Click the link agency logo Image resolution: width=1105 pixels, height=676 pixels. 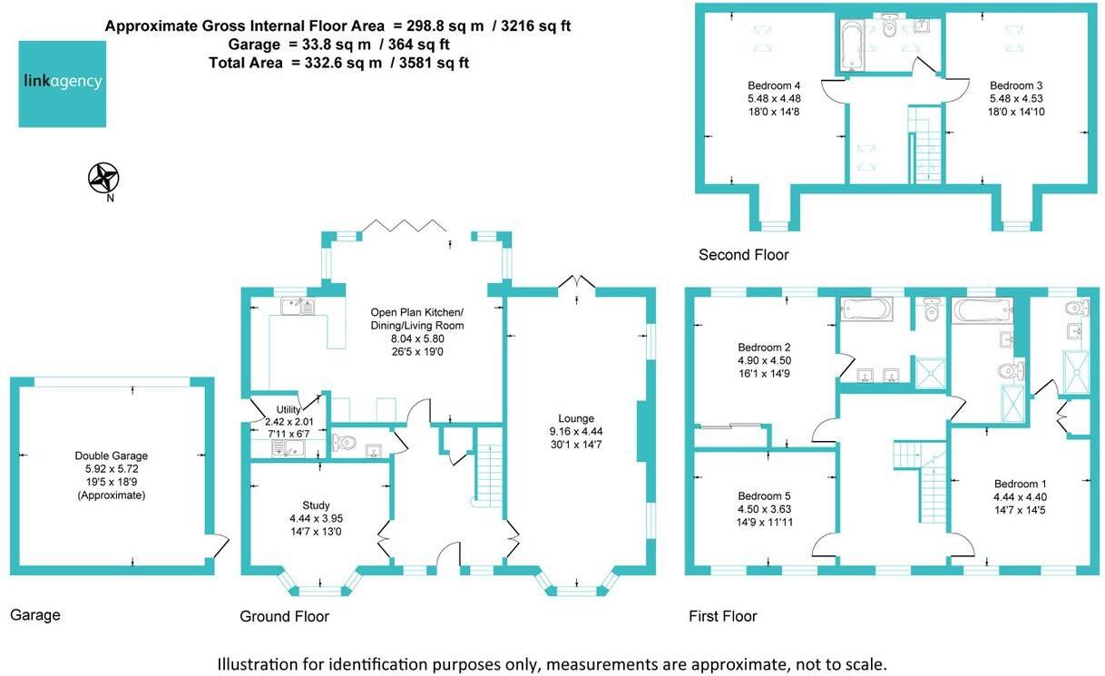[x=63, y=83]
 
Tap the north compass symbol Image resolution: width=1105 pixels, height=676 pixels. [x=103, y=178]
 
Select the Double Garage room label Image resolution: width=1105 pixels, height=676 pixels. [x=112, y=456]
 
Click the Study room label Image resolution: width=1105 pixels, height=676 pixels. [x=316, y=505]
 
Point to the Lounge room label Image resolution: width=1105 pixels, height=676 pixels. [x=576, y=418]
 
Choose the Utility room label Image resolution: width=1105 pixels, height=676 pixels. [x=288, y=409]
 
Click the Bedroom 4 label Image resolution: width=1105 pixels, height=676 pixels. [x=774, y=85]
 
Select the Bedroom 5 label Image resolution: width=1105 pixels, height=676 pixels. [x=764, y=496]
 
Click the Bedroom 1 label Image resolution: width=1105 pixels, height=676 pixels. [x=1020, y=484]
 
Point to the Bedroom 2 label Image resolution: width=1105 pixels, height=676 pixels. [x=764, y=347]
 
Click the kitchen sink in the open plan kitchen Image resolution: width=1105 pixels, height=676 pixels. [x=298, y=307]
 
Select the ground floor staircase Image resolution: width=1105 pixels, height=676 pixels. [x=489, y=473]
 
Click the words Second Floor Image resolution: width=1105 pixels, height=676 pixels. [x=743, y=255]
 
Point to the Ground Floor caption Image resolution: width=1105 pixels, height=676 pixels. [x=284, y=616]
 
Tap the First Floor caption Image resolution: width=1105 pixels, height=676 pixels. [x=723, y=616]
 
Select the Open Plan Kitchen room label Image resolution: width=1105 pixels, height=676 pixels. [x=416, y=312]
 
